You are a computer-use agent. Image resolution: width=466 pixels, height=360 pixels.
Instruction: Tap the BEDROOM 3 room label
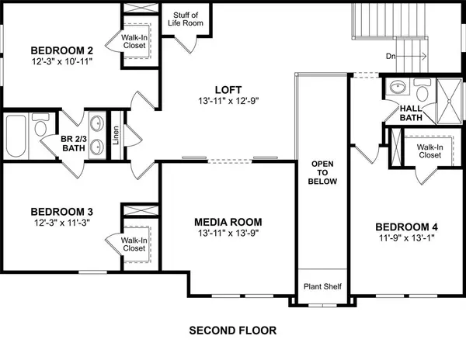coord(62,211)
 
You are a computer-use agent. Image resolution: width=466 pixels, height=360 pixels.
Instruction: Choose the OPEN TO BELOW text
coord(322,175)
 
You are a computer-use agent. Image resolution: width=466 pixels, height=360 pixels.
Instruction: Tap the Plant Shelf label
coord(322,284)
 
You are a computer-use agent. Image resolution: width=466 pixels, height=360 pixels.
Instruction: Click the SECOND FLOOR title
coord(232,330)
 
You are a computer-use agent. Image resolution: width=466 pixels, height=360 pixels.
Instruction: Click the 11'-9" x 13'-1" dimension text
coord(404,238)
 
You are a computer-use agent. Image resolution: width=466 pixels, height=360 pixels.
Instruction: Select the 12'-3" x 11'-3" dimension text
coord(62,223)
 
